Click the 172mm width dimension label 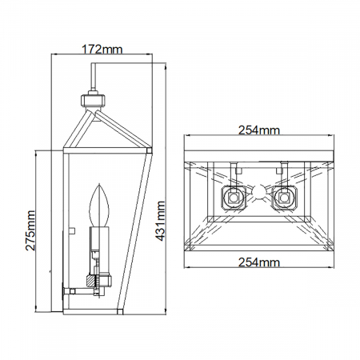point(103,49)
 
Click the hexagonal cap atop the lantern point(93,102)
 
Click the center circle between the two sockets point(258,192)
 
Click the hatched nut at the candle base point(102,281)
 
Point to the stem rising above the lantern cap point(94,79)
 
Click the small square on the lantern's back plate point(71,229)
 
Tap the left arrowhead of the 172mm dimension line point(54,57)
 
